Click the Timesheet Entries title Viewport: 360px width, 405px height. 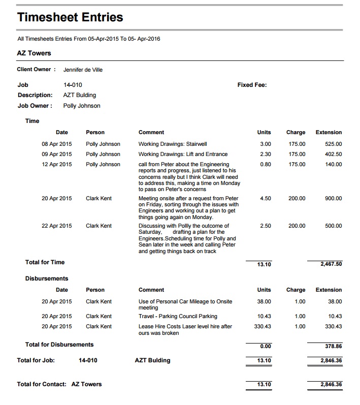(x=70, y=17)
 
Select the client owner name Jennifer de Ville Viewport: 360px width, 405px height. (x=83, y=70)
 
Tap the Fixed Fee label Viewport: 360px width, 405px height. (x=252, y=85)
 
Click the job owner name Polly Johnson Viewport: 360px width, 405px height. (x=82, y=106)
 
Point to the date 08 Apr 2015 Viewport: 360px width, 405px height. (x=57, y=144)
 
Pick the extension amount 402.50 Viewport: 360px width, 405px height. (x=333, y=154)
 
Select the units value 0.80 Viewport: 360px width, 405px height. (x=265, y=164)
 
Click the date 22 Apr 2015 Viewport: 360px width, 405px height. (x=57, y=226)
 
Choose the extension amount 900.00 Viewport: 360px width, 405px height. (x=333, y=198)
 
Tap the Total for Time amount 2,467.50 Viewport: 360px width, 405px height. (x=331, y=264)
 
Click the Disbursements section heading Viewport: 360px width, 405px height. (x=47, y=278)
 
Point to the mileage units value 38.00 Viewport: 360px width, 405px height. (x=264, y=301)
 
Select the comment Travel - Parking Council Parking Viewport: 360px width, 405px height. (x=178, y=316)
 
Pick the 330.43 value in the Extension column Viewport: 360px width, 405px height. (x=333, y=326)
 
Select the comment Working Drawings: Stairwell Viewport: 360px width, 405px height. (x=173, y=144)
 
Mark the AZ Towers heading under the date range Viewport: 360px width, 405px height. (x=34, y=53)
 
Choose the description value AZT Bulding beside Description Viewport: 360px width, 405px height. (x=80, y=95)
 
